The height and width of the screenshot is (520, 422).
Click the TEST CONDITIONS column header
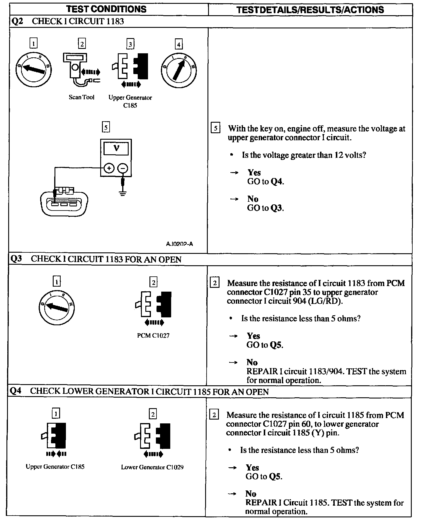[106, 9]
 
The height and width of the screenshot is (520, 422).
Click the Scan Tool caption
[81, 97]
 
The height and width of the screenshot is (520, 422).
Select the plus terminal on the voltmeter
[109, 168]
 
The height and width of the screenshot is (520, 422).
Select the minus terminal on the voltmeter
[123, 168]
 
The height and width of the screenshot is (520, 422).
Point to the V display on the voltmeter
[116, 148]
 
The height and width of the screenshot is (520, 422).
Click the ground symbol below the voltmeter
[123, 193]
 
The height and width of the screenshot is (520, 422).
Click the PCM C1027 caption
[153, 336]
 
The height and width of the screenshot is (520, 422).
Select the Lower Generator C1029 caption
[152, 467]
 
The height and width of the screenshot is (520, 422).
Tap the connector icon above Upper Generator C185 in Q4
[55, 435]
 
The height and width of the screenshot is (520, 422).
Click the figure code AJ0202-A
[179, 244]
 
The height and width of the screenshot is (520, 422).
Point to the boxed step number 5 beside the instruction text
[215, 128]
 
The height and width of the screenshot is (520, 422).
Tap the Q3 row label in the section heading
[16, 259]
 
